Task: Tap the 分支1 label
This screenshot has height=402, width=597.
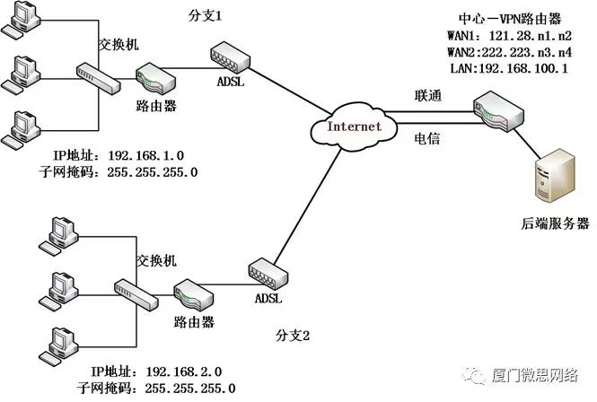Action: (206, 17)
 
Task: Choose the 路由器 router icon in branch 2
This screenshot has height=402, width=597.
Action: (190, 293)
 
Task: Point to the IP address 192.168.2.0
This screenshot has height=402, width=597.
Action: (183, 371)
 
